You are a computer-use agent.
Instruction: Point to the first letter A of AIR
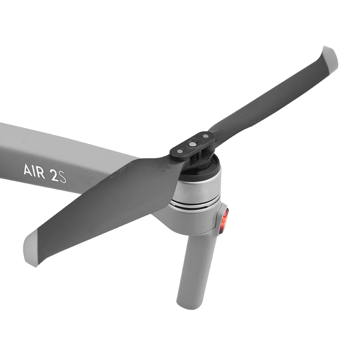click(x=28, y=170)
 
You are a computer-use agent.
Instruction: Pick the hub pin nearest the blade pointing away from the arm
click(x=206, y=136)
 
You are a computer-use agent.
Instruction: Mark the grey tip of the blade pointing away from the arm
click(x=330, y=57)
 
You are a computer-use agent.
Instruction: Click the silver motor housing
click(x=198, y=191)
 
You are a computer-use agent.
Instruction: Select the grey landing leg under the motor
click(x=196, y=269)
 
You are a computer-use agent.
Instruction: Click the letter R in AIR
click(x=42, y=172)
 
